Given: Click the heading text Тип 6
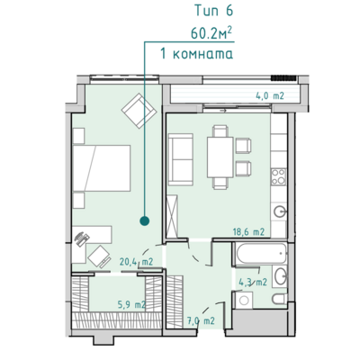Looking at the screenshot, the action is (x=213, y=11).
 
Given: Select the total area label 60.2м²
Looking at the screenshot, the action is (x=211, y=32).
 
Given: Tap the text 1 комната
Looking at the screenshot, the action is (x=197, y=54).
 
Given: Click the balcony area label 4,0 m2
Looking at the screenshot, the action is (x=270, y=96).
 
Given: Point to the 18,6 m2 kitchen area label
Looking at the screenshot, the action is (x=248, y=232).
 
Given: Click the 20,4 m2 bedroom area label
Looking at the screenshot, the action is (x=137, y=262).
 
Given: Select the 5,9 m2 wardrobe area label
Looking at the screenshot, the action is (x=131, y=305).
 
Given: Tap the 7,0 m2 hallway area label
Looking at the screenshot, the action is (x=201, y=320).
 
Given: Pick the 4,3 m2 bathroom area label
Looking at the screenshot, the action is (x=253, y=283).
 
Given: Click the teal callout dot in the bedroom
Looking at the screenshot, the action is (x=145, y=221).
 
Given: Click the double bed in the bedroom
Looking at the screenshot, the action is (x=102, y=168).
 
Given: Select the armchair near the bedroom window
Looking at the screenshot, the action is (x=139, y=111).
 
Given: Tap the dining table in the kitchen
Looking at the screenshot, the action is (x=220, y=157).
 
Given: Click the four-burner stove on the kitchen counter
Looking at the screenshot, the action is (x=278, y=176).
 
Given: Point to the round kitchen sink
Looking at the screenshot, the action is (x=280, y=211).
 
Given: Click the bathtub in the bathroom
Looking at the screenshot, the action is (x=261, y=254).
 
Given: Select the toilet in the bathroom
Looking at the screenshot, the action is (x=280, y=299).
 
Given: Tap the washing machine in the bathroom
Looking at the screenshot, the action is (x=243, y=300).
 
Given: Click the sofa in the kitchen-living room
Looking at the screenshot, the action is (x=180, y=159).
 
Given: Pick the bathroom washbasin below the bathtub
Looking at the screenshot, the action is (x=281, y=276).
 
